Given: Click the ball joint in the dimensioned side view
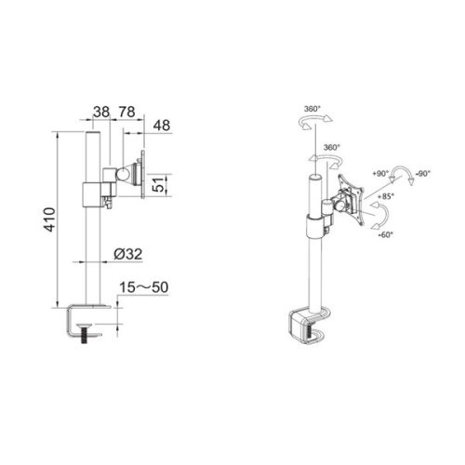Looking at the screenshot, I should point(121,173).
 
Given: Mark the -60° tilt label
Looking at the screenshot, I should point(384,234).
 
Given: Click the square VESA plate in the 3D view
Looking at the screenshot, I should point(350,197).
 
